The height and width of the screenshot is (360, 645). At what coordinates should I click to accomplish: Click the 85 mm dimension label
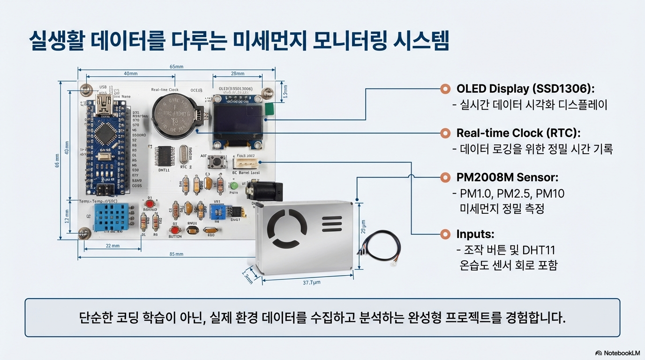(x=176, y=254)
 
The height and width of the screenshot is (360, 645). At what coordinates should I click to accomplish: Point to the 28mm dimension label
(x=238, y=74)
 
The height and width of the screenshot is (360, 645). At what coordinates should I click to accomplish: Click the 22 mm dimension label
(x=112, y=246)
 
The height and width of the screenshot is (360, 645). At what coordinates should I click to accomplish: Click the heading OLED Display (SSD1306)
(x=525, y=89)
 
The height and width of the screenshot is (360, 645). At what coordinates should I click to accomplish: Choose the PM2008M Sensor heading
(x=508, y=178)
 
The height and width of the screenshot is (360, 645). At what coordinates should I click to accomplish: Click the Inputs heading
(x=475, y=234)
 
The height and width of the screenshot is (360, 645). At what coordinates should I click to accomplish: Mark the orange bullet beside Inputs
(x=445, y=234)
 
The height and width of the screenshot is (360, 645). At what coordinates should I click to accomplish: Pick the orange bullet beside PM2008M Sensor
(x=445, y=178)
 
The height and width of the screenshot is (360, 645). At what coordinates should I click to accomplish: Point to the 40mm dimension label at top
(x=130, y=74)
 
